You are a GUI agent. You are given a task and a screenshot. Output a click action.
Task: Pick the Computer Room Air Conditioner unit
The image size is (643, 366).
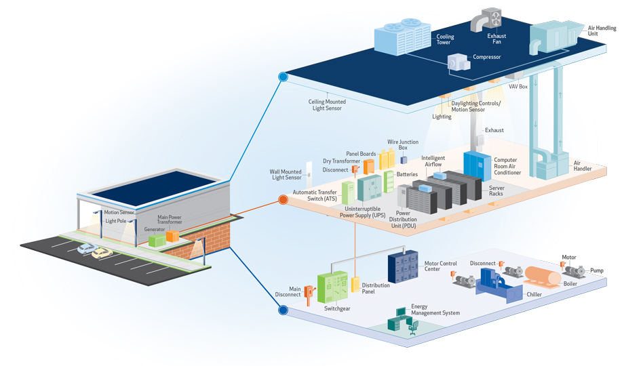click(477, 166)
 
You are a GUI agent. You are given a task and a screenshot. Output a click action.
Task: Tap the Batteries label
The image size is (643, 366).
click(407, 174)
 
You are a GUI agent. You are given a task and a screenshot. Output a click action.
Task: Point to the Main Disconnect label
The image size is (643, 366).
click(286, 292)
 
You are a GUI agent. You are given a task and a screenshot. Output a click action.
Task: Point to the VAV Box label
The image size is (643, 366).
click(518, 87)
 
